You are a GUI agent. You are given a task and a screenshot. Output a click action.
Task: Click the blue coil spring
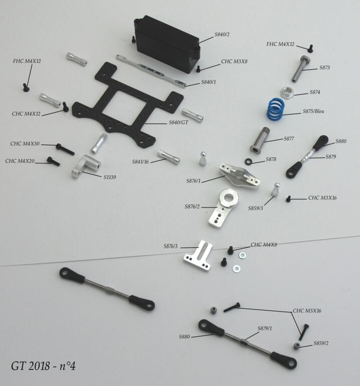coord(276,109)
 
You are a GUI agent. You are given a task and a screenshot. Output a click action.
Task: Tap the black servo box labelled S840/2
coord(167,44)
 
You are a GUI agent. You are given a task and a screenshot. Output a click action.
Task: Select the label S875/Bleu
coord(313,111)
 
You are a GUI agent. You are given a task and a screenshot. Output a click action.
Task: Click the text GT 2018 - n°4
coord(43,366)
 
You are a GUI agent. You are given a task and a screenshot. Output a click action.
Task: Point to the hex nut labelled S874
coord(287,93)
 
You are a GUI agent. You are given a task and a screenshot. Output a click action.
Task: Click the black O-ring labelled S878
coord(249,162)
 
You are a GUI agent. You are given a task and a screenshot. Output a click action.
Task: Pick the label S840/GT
coord(179,122)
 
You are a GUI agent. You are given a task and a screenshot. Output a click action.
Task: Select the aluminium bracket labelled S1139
coord(85,166)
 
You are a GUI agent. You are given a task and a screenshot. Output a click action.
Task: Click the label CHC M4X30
coord(25,144)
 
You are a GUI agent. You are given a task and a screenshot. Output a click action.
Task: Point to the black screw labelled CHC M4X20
coord(53,161)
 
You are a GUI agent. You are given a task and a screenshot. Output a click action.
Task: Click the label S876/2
coord(192,207)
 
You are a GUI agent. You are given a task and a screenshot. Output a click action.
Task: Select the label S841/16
coord(141,162)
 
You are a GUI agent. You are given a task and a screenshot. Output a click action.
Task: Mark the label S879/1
coord(265,328)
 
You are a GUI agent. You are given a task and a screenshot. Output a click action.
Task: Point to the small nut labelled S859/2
coord(297,346)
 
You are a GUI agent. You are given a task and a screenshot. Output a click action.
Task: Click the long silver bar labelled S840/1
coord(151,71)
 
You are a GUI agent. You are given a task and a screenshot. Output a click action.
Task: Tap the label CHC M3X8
coord(234,61)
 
